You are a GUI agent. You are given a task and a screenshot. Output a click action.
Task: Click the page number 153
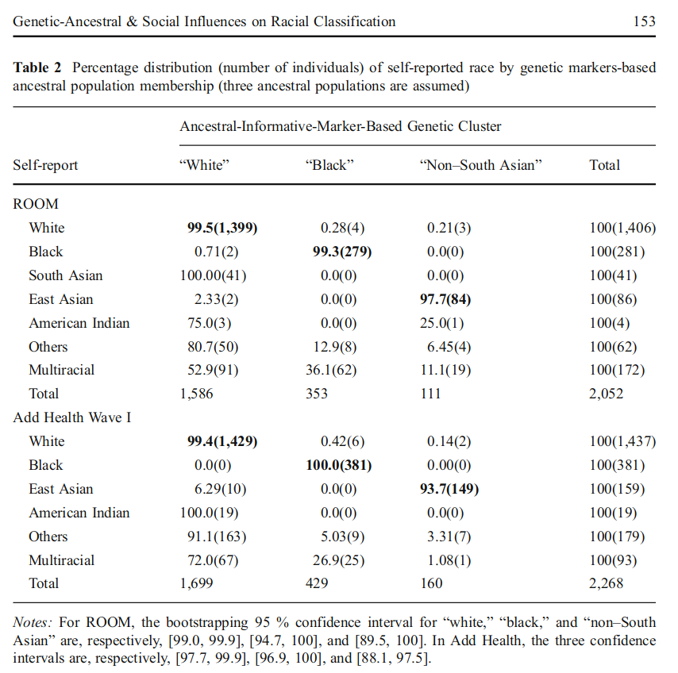click(644, 21)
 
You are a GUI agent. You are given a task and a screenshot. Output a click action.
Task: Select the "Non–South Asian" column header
click(480, 165)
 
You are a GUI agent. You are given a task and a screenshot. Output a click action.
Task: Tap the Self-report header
click(45, 165)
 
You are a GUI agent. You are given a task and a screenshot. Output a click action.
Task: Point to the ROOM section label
click(36, 204)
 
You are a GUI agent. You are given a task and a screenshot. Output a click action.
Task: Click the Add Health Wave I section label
click(72, 417)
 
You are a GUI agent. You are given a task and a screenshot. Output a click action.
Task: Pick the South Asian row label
click(66, 275)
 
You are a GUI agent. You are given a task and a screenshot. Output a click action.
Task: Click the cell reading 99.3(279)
click(339, 252)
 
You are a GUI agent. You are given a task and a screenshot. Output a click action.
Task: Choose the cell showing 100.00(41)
click(214, 275)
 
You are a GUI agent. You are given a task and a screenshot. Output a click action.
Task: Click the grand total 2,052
click(606, 394)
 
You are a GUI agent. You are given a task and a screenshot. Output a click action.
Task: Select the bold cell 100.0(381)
click(339, 465)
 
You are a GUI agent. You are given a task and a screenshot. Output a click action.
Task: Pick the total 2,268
click(606, 583)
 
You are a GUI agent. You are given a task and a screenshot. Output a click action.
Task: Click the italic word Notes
click(33, 623)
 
